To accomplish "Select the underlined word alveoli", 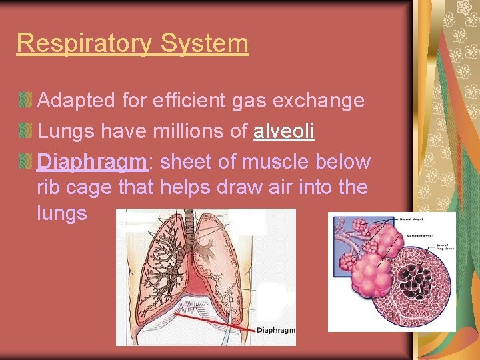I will click(283, 131).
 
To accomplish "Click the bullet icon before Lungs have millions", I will click(26, 131).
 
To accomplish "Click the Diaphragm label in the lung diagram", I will click(275, 330).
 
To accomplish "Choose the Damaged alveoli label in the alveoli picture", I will click(421, 234).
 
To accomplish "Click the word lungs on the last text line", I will click(62, 213).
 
